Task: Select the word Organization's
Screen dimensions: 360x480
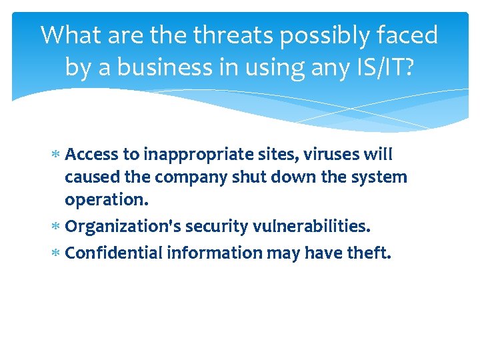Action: coord(123,227)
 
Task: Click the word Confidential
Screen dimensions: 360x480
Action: coord(114,253)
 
